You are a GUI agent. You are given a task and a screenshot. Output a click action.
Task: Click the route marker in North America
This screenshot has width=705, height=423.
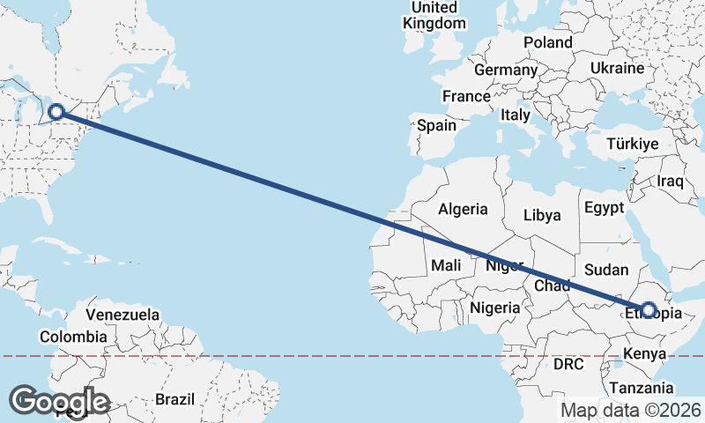click(56, 112)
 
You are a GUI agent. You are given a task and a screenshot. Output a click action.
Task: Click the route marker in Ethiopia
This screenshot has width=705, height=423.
click(649, 310)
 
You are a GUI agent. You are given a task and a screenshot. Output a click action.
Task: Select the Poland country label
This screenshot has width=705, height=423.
click(547, 42)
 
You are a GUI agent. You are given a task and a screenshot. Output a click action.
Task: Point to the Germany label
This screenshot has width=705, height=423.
click(505, 70)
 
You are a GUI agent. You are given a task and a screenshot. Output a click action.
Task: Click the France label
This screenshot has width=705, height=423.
click(466, 96)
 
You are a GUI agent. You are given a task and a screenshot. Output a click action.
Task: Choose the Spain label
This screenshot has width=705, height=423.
click(436, 125)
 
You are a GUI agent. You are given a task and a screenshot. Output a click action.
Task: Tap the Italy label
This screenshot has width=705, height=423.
click(515, 115)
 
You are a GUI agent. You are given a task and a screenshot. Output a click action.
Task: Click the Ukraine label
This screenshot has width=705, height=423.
click(617, 68)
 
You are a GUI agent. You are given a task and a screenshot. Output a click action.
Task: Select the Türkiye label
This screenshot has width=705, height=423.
click(633, 144)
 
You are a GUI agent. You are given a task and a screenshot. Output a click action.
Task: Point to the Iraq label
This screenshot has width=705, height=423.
click(671, 181)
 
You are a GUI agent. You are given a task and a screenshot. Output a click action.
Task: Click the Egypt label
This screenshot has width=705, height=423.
click(603, 208)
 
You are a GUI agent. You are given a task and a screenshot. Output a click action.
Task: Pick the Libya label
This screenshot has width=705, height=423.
click(542, 215)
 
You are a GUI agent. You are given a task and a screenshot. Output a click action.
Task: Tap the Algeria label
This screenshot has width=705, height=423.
click(463, 209)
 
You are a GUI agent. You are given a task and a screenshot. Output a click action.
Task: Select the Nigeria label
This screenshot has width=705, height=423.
click(494, 308)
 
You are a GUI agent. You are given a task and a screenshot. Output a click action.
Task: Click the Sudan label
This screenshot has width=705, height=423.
click(607, 270)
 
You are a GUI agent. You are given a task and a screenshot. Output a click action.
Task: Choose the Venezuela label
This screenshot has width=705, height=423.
click(122, 314)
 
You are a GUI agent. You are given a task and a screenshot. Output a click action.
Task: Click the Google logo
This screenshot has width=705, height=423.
click(59, 401)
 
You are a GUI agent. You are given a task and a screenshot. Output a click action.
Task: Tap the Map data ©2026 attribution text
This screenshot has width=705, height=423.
click(630, 410)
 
